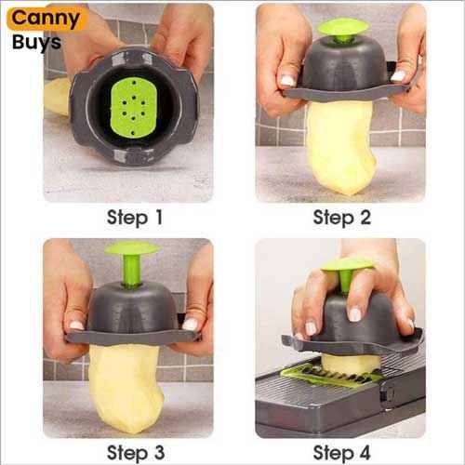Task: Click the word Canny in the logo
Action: pyautogui.click(x=46, y=20)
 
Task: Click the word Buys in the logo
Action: pyautogui.click(x=36, y=42)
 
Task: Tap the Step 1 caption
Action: pyautogui.click(x=135, y=218)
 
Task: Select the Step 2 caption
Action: pyautogui.click(x=341, y=218)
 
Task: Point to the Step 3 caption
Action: pyautogui.click(x=136, y=453)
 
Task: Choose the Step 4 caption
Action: pyautogui.click(x=341, y=453)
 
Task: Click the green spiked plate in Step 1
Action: pyautogui.click(x=133, y=108)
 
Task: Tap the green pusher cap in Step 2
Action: pyautogui.click(x=343, y=27)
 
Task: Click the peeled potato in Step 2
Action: pyautogui.click(x=341, y=147)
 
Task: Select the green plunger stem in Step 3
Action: pyautogui.click(x=131, y=271)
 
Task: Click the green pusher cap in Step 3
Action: pyautogui.click(x=132, y=248)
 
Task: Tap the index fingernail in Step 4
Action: pyautogui.click(x=355, y=314)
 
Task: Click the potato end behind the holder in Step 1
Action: pyautogui.click(x=58, y=97)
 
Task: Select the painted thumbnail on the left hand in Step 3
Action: pyautogui.click(x=76, y=325)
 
